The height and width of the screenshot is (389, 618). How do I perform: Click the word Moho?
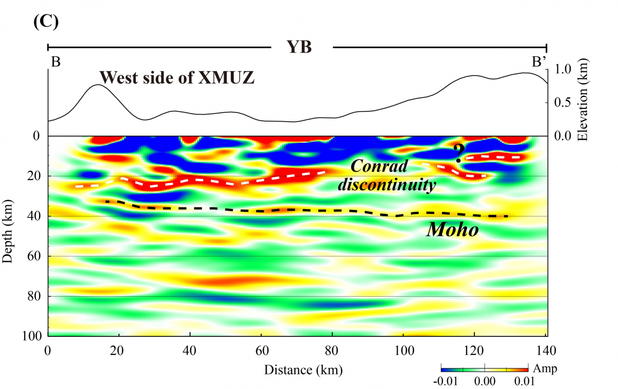[x=452, y=230]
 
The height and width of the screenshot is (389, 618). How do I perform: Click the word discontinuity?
[x=386, y=185]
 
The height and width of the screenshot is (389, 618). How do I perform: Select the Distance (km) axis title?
[x=303, y=369]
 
